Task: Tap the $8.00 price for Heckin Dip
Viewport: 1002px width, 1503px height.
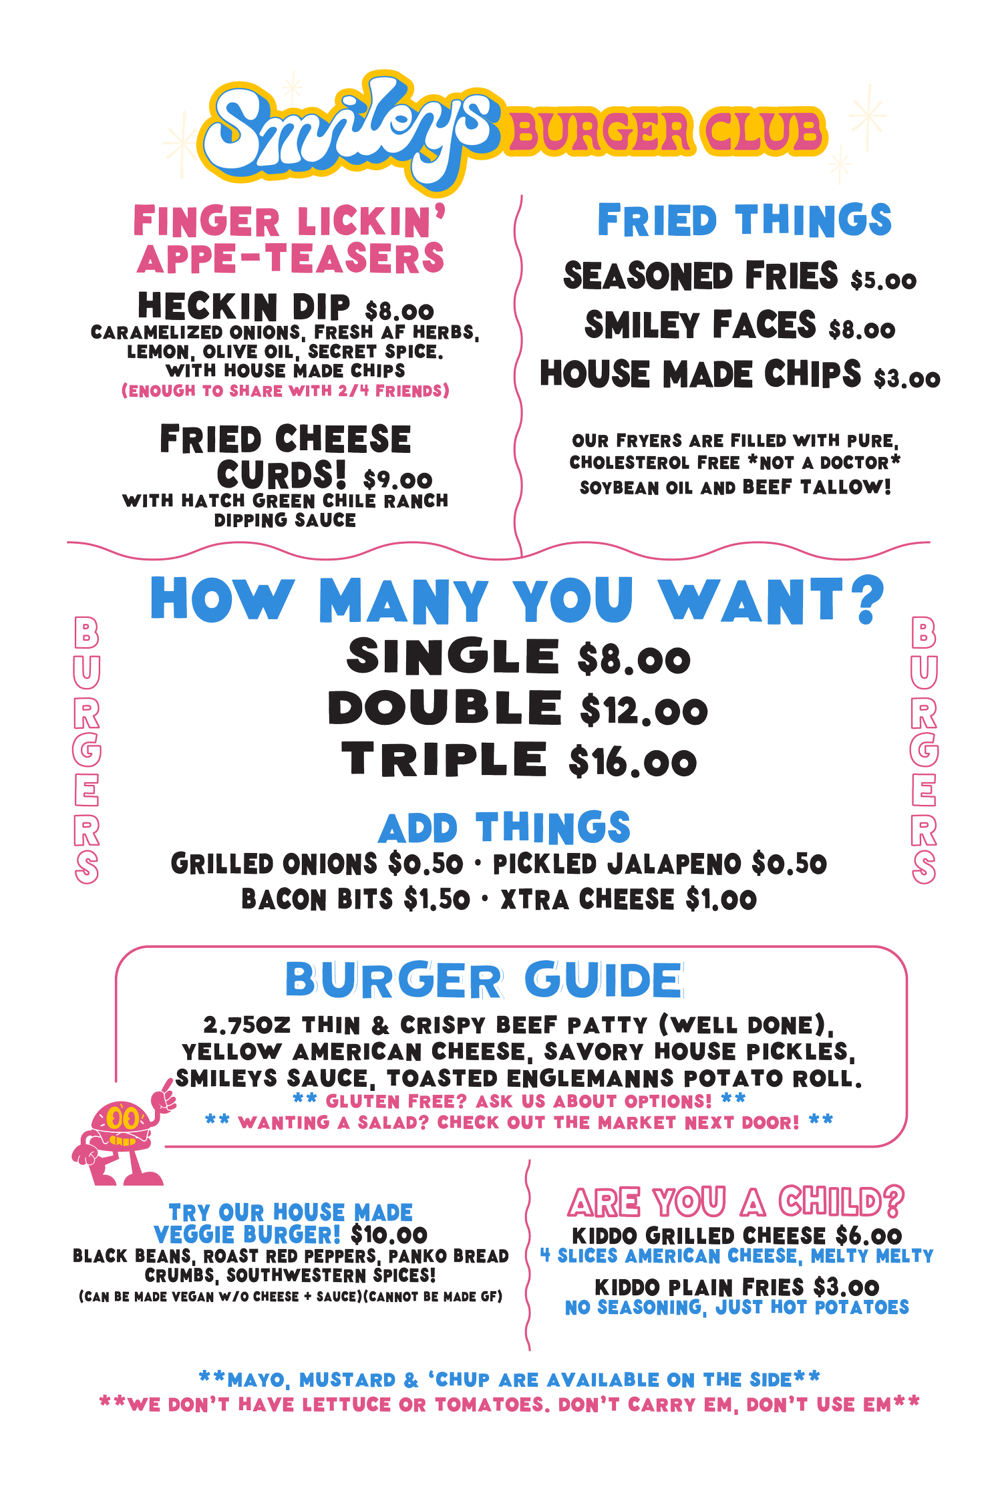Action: [x=399, y=311]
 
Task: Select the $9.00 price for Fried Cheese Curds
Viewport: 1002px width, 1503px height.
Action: [x=398, y=479]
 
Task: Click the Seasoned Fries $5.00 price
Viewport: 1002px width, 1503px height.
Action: [x=883, y=280]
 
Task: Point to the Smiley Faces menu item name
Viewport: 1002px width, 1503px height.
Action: [x=700, y=325]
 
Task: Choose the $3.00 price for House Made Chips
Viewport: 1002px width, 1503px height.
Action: [x=906, y=379]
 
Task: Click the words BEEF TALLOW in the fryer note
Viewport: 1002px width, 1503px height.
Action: [x=816, y=487]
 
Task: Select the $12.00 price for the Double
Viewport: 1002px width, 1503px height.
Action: [x=644, y=709]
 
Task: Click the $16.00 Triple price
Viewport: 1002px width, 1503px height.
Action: [x=633, y=762]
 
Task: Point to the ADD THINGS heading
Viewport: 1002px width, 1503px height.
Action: [x=504, y=828]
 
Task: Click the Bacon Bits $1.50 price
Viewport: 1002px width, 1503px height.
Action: [x=437, y=899]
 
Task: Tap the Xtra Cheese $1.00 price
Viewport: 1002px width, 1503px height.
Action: [x=721, y=899]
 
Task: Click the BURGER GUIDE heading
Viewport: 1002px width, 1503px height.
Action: [x=484, y=980]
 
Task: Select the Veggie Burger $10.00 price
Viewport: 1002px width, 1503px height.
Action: [x=389, y=1234]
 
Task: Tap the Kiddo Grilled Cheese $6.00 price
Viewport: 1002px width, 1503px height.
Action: [x=868, y=1235]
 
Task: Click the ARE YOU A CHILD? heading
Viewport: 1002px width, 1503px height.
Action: [x=736, y=1202]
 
